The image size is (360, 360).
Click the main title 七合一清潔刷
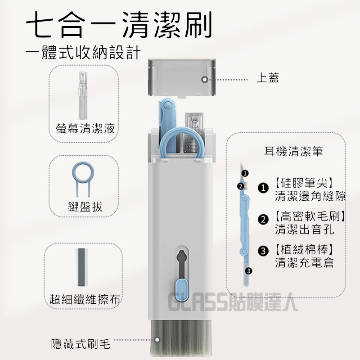(119, 25)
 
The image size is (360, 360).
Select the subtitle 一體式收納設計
(83, 53)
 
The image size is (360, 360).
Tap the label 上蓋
(268, 77)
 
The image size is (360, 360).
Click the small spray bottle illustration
(83, 95)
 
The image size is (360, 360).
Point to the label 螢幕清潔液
(85, 128)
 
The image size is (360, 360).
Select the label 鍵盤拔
(85, 207)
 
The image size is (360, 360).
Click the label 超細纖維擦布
(85, 299)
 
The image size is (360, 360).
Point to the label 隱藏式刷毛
(81, 344)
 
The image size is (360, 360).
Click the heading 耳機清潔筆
(293, 151)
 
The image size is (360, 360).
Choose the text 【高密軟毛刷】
(310, 216)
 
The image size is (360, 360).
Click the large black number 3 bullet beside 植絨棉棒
(263, 251)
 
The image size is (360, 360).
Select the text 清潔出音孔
(304, 229)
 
